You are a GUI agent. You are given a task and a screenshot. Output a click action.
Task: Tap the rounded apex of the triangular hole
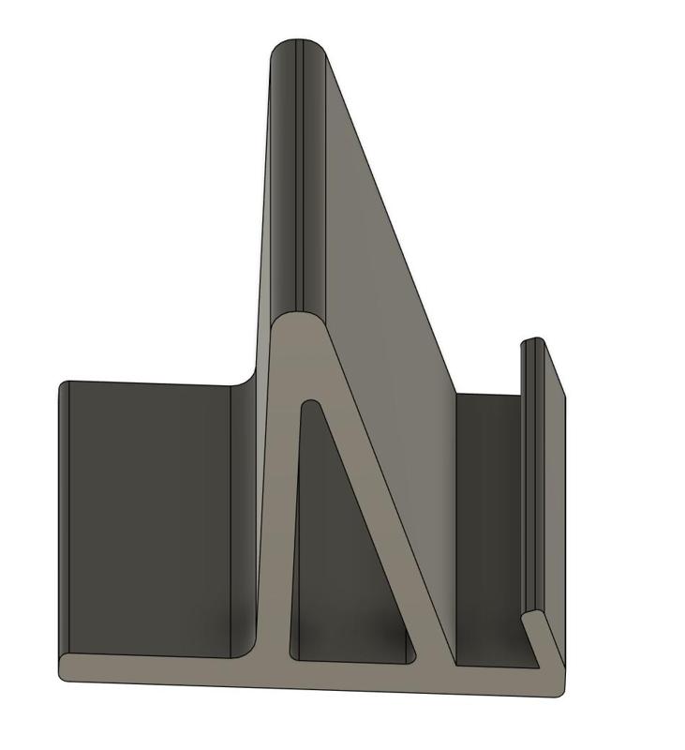click(310, 407)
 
